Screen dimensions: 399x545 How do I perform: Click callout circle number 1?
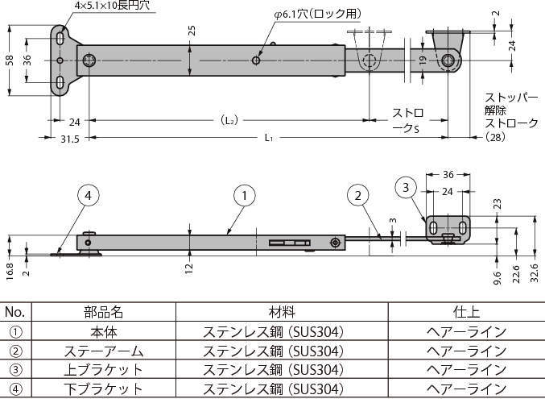(245, 194)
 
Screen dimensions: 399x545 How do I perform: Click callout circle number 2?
(358, 194)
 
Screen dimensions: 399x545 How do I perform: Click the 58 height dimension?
(8, 60)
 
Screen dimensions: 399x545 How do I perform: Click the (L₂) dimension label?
(229, 120)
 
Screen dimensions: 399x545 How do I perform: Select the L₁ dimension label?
(268, 139)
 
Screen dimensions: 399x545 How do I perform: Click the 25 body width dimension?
(191, 31)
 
